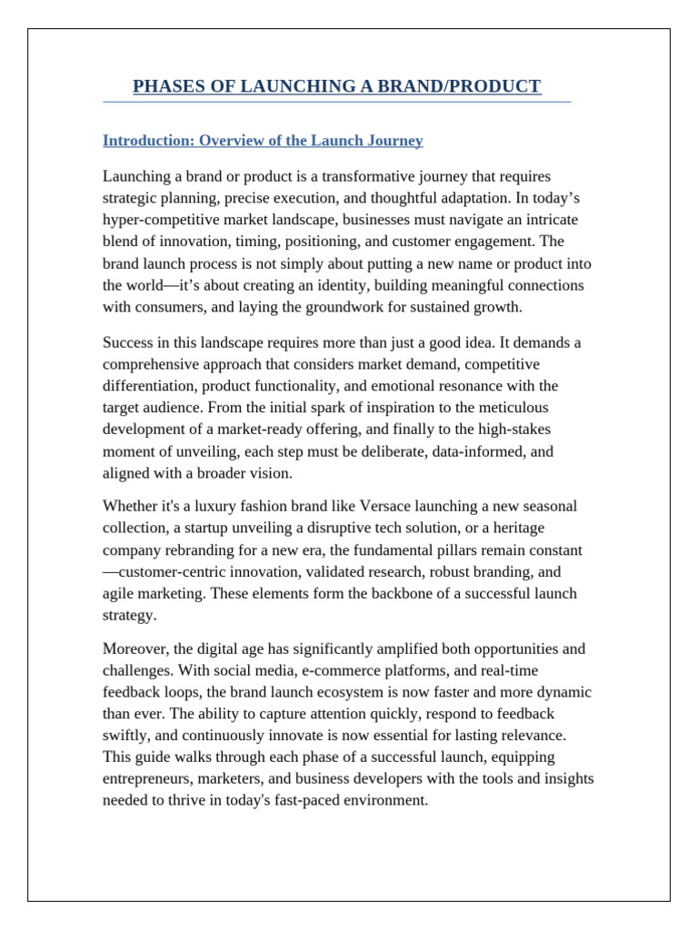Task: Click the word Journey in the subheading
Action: (x=394, y=141)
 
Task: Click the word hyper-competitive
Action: (x=161, y=220)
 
